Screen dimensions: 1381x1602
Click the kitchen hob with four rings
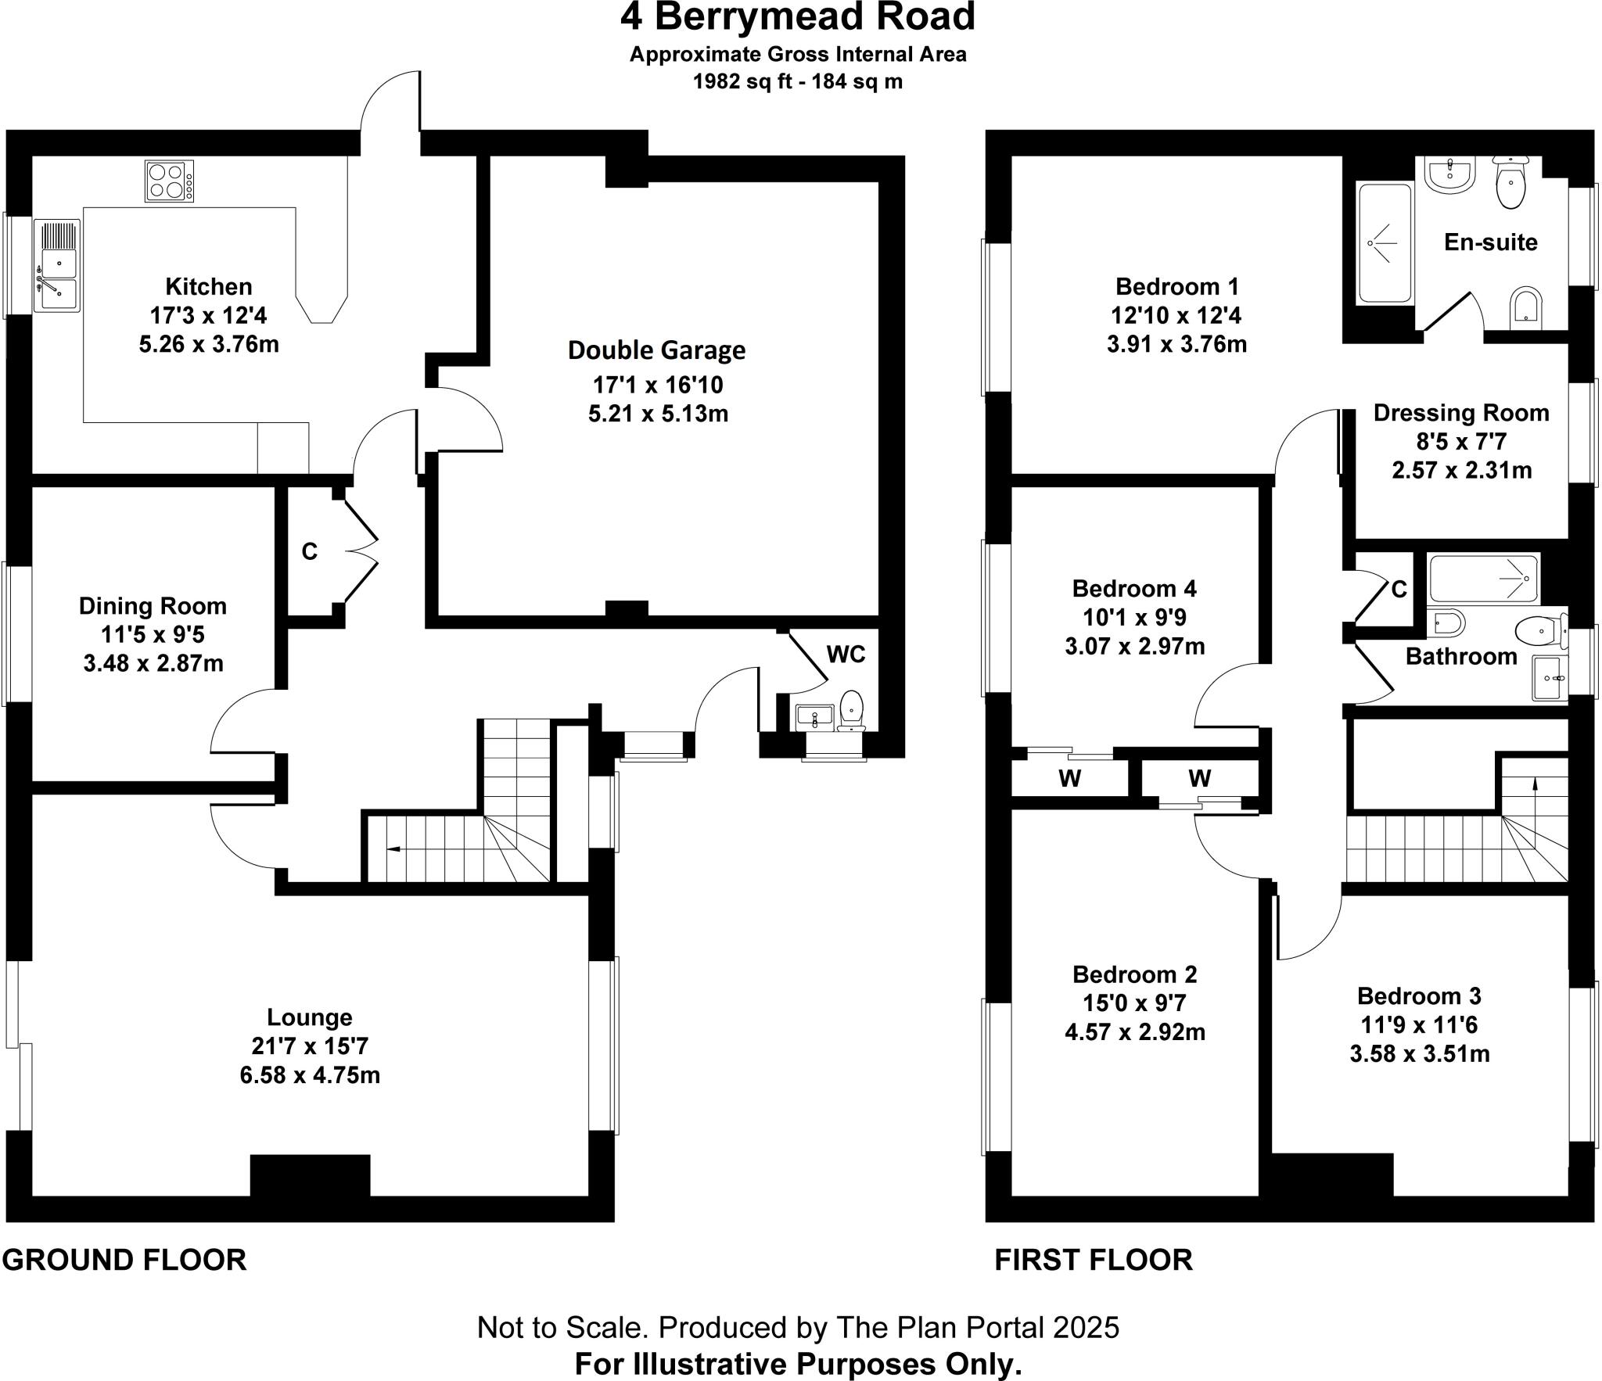coord(169,181)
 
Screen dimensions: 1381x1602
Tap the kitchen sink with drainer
coord(57,266)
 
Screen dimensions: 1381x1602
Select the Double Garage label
coord(656,350)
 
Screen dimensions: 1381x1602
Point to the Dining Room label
coord(153,606)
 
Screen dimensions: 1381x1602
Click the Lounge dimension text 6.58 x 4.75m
coord(310,1075)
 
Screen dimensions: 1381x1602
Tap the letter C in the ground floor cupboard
coord(310,552)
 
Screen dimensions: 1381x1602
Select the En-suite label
coord(1490,242)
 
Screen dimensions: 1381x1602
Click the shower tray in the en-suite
coord(1385,242)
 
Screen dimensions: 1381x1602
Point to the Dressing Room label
coord(1460,413)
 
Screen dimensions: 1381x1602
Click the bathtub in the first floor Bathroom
coord(1483,579)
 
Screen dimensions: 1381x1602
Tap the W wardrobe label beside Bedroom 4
coord(1069,779)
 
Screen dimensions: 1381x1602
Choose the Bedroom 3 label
coord(1418,996)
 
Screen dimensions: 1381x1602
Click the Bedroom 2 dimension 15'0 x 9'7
coord(1134,1003)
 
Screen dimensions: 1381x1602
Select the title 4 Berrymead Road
coord(797,17)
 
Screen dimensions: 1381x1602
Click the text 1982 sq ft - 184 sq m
coord(797,81)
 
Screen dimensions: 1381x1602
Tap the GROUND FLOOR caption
coord(124,1260)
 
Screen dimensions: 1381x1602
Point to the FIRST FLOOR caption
coord(1093,1260)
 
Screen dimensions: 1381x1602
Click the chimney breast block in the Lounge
coord(310,1175)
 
